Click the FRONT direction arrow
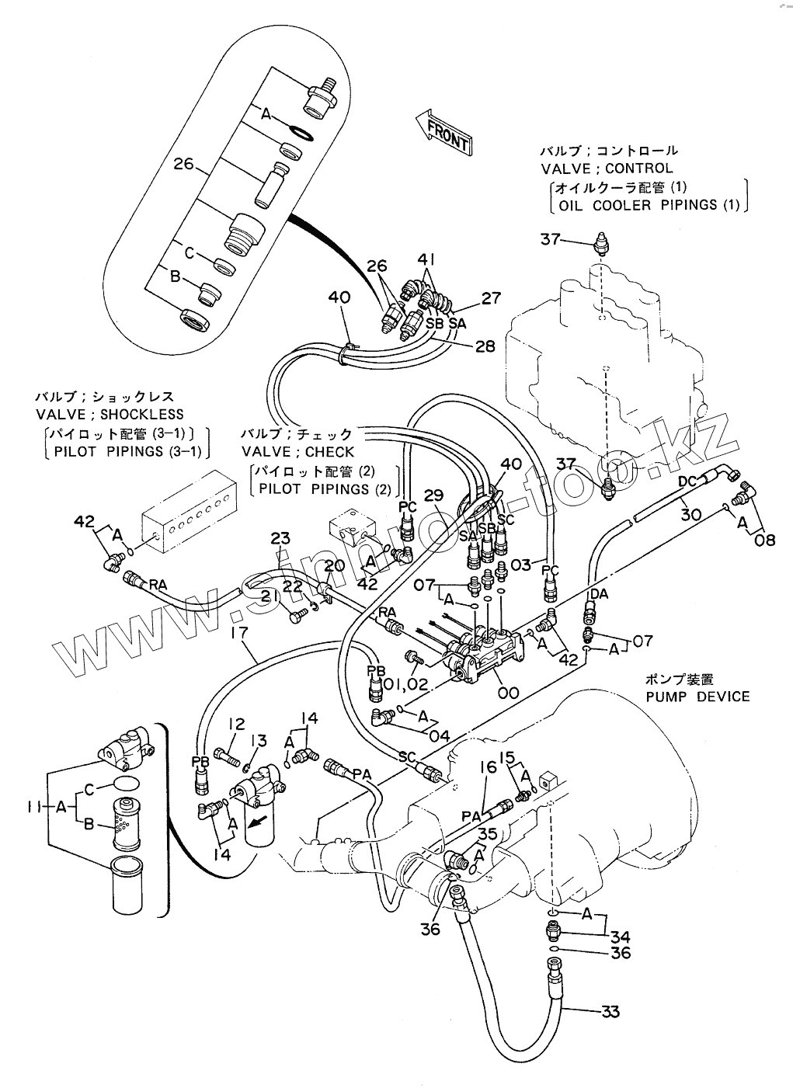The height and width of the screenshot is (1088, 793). click(x=441, y=131)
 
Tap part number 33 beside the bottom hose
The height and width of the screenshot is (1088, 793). click(x=610, y=1011)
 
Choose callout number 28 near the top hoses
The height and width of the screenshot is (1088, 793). click(x=485, y=346)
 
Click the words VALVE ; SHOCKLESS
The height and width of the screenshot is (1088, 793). click(x=110, y=415)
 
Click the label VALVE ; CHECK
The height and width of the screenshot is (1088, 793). click(x=297, y=451)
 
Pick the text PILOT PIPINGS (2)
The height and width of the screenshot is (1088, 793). click(x=325, y=488)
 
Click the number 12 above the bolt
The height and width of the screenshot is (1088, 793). click(x=236, y=724)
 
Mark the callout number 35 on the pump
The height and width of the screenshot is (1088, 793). click(x=487, y=835)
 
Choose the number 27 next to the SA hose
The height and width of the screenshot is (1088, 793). click(x=491, y=297)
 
